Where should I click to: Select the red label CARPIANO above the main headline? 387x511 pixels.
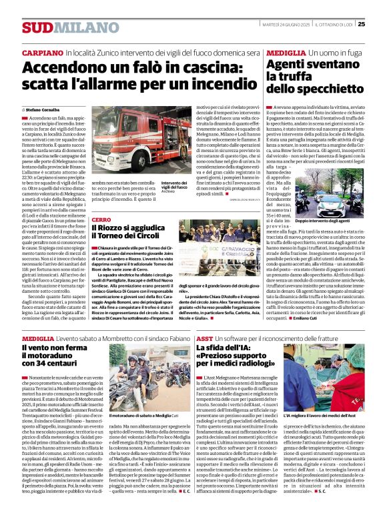click(43, 52)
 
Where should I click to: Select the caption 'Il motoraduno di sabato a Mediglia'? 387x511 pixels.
click(137, 434)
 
